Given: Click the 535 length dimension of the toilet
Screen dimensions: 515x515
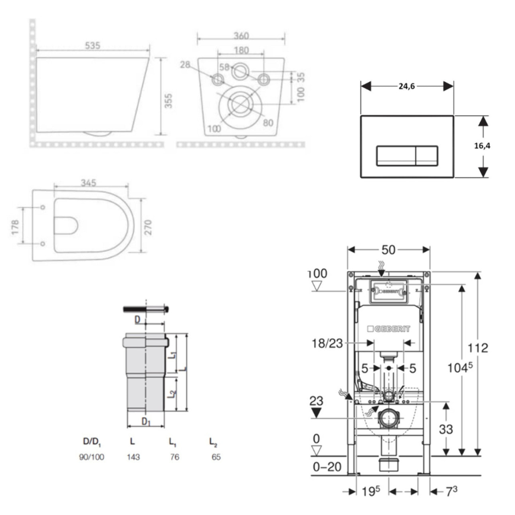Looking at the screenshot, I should pyautogui.click(x=92, y=46).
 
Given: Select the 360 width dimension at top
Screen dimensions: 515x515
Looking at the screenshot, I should pyautogui.click(x=241, y=36).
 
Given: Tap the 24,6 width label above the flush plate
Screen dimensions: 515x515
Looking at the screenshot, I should pyautogui.click(x=406, y=86).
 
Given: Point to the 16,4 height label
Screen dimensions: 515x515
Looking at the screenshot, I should pyautogui.click(x=482, y=146).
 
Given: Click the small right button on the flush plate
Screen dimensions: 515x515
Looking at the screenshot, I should pyautogui.click(x=427, y=156).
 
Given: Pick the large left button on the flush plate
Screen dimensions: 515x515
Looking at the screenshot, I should pyautogui.click(x=396, y=156).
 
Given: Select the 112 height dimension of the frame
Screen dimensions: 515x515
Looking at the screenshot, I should pyautogui.click(x=478, y=348).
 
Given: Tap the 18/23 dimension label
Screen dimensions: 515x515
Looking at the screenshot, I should pyautogui.click(x=327, y=343).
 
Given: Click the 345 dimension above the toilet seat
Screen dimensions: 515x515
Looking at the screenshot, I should pyautogui.click(x=88, y=182).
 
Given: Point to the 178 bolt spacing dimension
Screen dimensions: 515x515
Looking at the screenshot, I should pyautogui.click(x=16, y=227).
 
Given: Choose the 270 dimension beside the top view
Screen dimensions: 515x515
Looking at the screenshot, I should pyautogui.click(x=148, y=227).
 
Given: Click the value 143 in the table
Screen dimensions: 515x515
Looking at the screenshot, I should pyautogui.click(x=133, y=457).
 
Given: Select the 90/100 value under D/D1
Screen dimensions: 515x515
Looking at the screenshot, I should pyautogui.click(x=91, y=457).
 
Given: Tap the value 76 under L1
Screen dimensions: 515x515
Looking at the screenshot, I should pyautogui.click(x=174, y=457).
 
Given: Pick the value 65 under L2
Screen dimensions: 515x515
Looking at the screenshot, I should pyautogui.click(x=216, y=457).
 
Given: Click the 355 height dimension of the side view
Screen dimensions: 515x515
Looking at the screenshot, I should pyautogui.click(x=169, y=101).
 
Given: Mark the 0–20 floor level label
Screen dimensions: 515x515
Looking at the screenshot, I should pyautogui.click(x=327, y=466).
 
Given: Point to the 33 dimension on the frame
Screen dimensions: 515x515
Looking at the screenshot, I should pyautogui.click(x=446, y=429).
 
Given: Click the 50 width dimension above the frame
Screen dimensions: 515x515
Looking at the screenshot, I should pyautogui.click(x=388, y=250).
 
